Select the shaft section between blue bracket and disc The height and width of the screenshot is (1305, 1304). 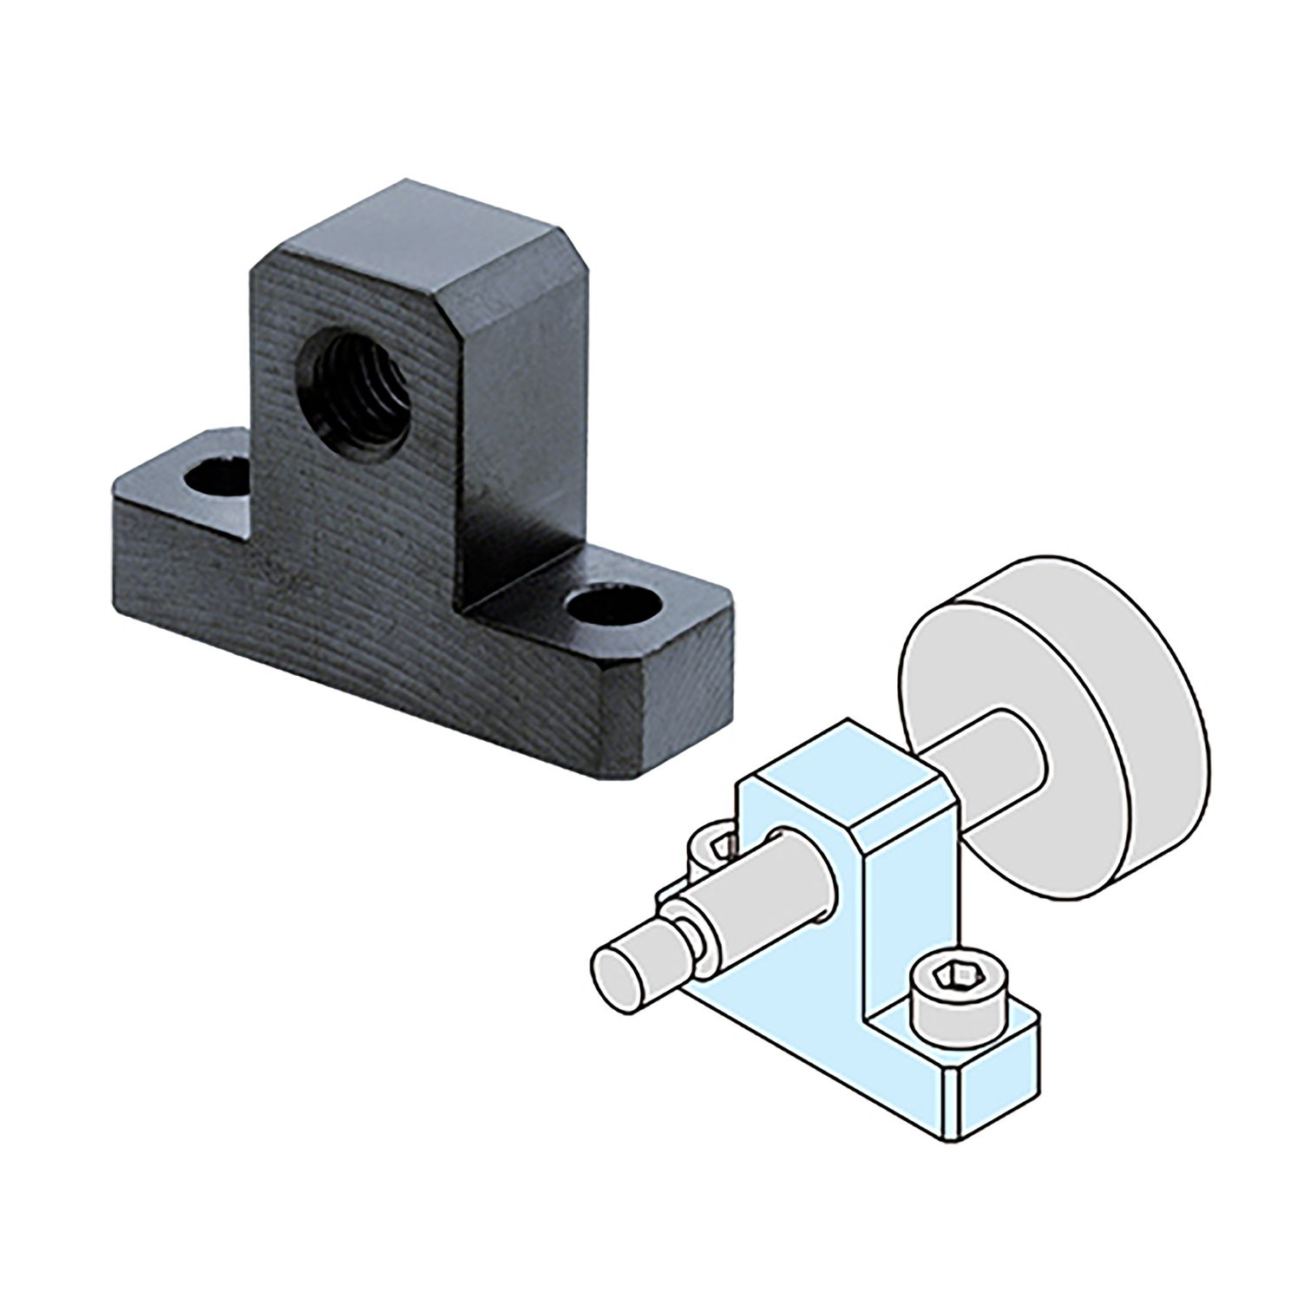point(989,764)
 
